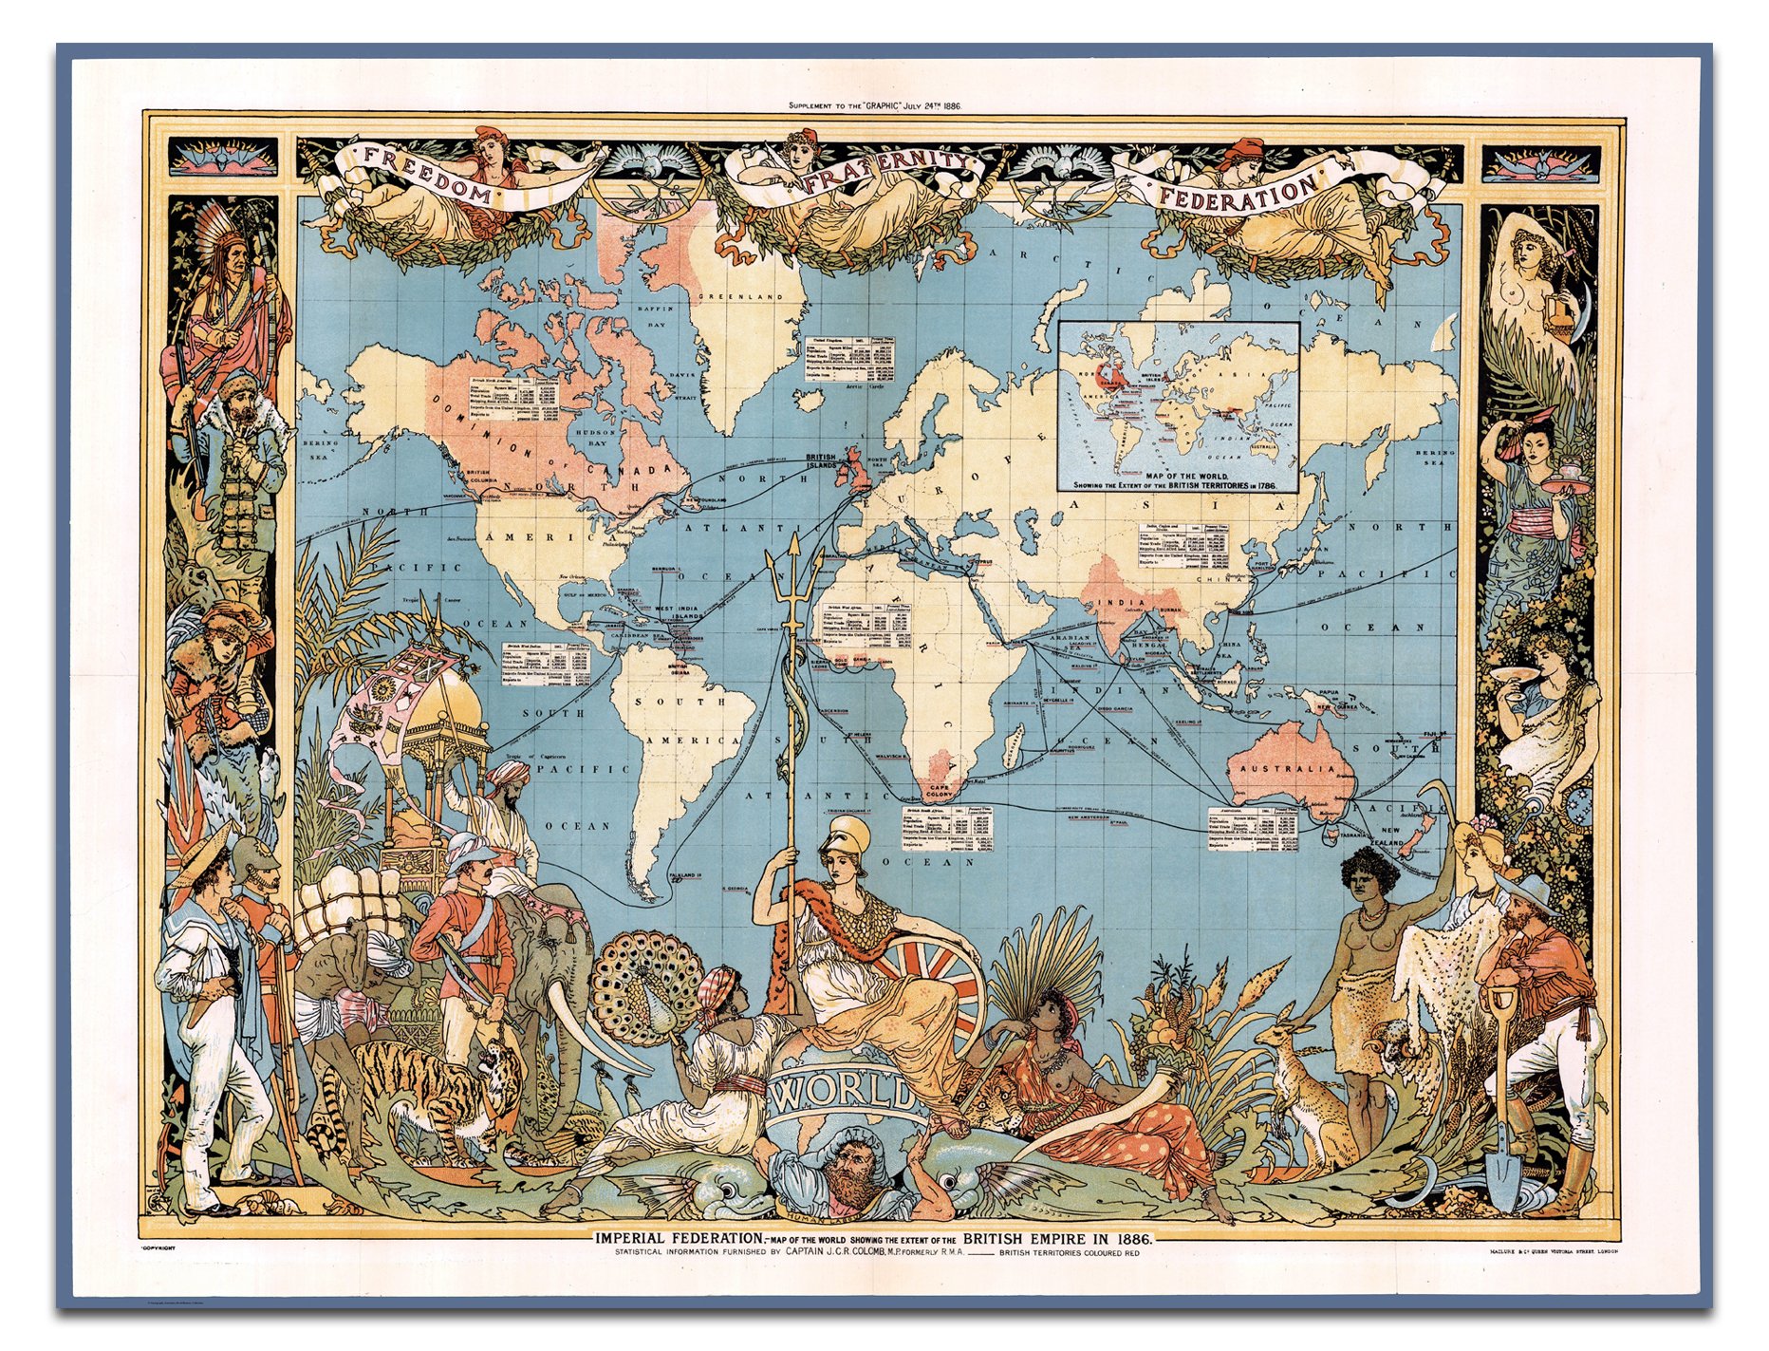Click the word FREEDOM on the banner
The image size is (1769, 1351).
click(x=426, y=178)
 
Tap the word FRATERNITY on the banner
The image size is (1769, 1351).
click(x=879, y=175)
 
